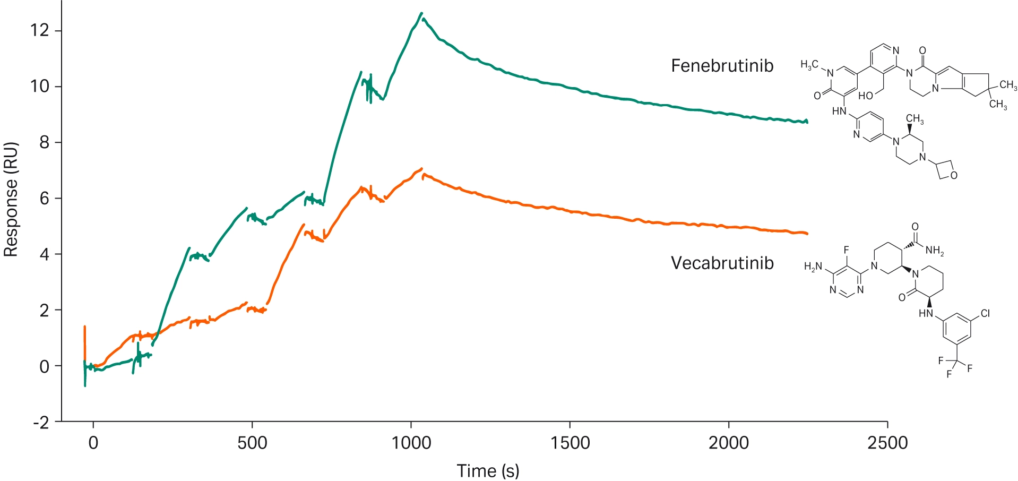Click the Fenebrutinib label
(722, 66)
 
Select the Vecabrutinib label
(722, 263)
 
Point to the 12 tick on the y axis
(40, 30)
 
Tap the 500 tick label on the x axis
(252, 443)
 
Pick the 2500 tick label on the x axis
(887, 443)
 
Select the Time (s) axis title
(488, 470)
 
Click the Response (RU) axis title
(11, 200)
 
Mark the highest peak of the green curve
(421, 13)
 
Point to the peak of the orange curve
(422, 169)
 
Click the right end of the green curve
(807, 122)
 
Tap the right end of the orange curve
(807, 234)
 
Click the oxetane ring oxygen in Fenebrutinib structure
(954, 175)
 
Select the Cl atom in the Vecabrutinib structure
(985, 313)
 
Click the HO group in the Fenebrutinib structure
(866, 96)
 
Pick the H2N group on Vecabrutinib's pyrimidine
(813, 267)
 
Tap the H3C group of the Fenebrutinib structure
(809, 65)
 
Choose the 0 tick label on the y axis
(44, 366)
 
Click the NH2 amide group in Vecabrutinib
(935, 251)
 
